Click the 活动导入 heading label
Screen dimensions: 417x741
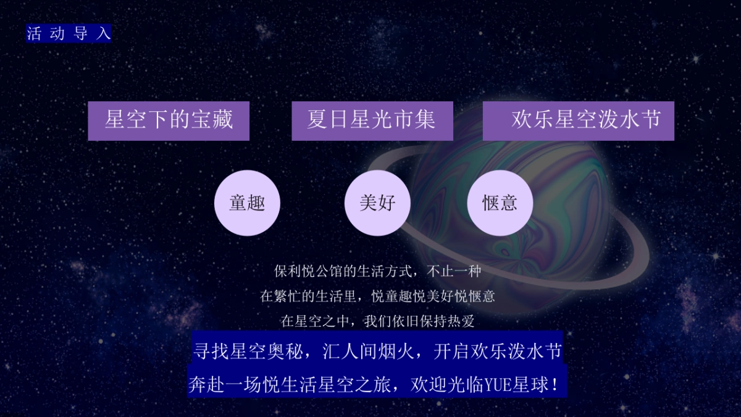[69, 33]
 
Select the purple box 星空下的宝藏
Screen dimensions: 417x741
[169, 120]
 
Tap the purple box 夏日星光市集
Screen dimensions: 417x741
[372, 120]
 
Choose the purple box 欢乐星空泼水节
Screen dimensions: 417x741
[579, 120]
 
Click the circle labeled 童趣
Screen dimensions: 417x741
[247, 203]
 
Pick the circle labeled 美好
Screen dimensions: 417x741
[377, 203]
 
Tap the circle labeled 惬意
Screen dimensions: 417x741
[500, 203]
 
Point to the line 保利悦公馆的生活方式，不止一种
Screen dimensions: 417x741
[377, 271]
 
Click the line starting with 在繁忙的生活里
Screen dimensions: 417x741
[377, 297]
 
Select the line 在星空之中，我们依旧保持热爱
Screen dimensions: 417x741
[377, 321]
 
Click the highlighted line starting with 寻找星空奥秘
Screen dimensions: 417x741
[377, 352]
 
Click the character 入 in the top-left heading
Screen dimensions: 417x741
[104, 33]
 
